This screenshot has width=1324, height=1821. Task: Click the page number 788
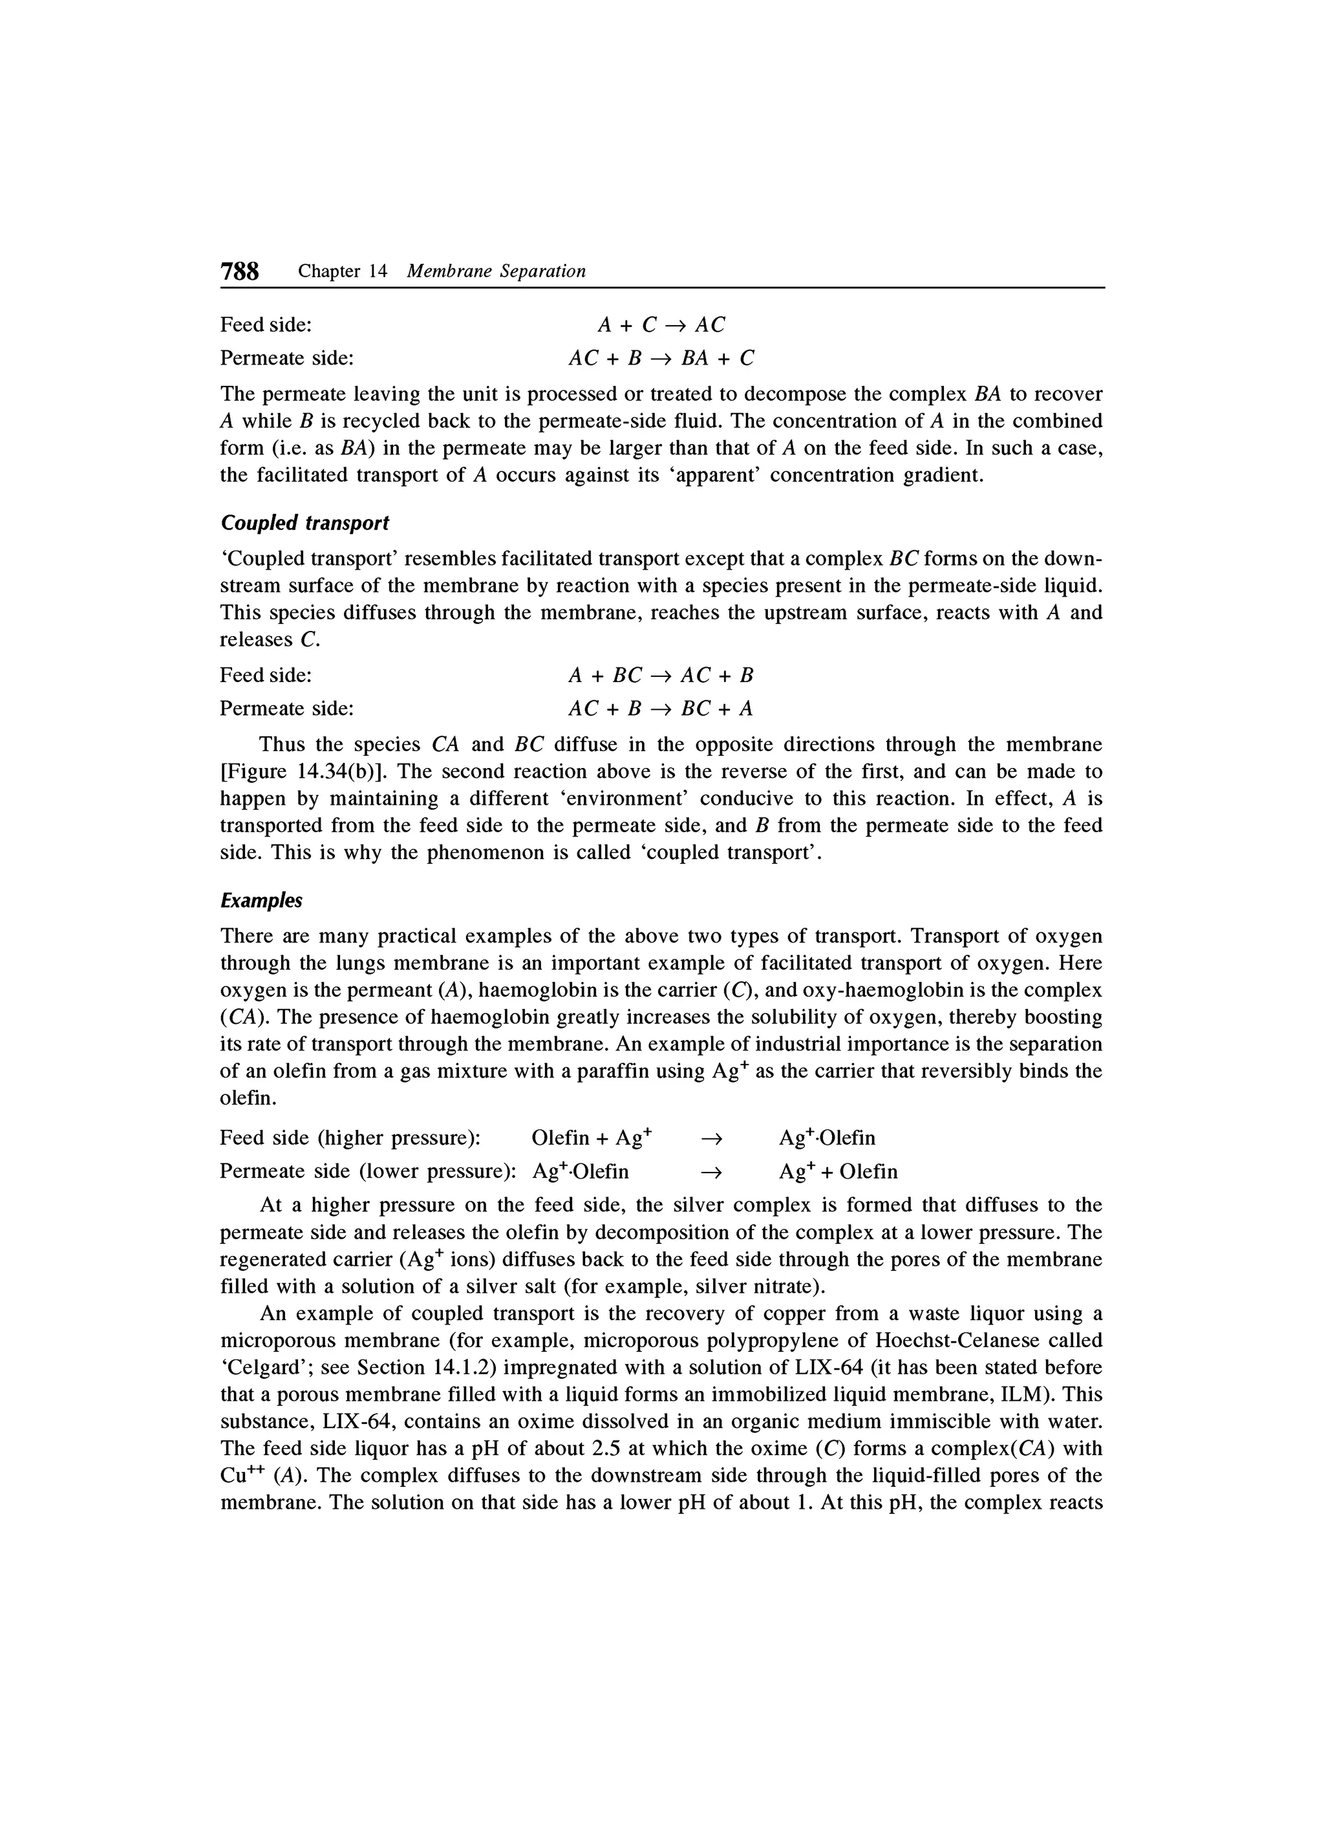239,272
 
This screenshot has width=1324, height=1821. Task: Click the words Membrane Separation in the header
496,272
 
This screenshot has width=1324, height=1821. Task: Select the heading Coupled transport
304,523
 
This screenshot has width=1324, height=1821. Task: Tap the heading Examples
261,901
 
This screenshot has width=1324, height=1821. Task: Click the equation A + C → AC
661,325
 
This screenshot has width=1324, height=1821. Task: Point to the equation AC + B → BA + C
661,358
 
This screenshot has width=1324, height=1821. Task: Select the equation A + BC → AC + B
661,676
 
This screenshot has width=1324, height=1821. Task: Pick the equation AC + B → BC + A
661,709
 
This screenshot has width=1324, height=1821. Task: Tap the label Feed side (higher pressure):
350,1138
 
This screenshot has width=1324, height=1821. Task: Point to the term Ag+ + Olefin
837,1171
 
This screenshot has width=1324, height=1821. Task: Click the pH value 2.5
608,1449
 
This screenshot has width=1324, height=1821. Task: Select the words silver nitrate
756,1286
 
